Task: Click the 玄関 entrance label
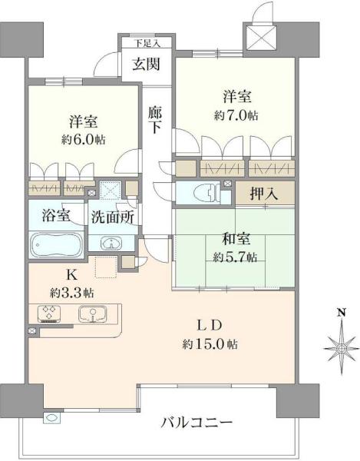(146, 64)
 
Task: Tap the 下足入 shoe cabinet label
(147, 44)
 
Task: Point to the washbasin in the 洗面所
(111, 243)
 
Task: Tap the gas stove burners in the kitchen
(49, 314)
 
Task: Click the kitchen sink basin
(93, 313)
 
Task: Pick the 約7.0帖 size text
(236, 115)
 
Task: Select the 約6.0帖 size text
(84, 140)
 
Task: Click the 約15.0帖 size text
(210, 343)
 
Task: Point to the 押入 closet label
(264, 194)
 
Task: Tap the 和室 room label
(236, 239)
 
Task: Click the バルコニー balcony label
(197, 423)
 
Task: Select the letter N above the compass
(341, 312)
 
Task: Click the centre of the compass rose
(342, 349)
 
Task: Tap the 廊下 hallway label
(155, 120)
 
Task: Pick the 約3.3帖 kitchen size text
(72, 294)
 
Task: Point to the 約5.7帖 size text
(235, 257)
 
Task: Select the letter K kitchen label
(72, 276)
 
